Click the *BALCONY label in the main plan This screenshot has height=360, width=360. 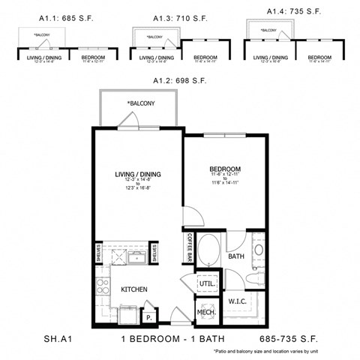tap(140, 103)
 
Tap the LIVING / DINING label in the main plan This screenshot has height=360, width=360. tap(138, 175)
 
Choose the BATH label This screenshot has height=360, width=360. tap(237, 256)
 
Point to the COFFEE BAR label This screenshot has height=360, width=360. tap(190, 248)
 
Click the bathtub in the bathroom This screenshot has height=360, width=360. tap(210, 250)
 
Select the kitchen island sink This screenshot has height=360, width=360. tap(136, 259)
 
